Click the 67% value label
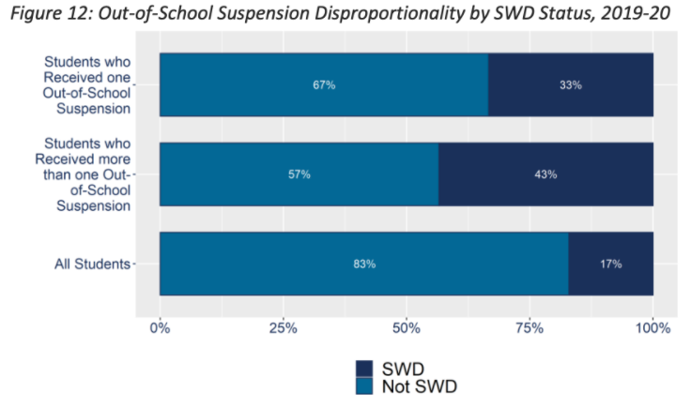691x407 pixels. (x=324, y=84)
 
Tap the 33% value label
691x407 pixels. (x=570, y=84)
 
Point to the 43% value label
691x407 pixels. (x=545, y=174)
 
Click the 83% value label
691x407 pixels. (x=364, y=264)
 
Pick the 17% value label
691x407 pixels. (x=610, y=264)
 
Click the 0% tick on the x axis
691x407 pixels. (x=161, y=328)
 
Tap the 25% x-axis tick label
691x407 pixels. (x=283, y=328)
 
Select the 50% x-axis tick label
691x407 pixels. (x=406, y=328)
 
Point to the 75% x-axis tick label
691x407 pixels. (x=530, y=328)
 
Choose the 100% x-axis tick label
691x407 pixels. (x=653, y=328)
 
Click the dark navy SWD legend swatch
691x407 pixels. (x=366, y=368)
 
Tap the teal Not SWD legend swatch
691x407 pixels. (x=366, y=385)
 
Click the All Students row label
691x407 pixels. (x=91, y=264)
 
